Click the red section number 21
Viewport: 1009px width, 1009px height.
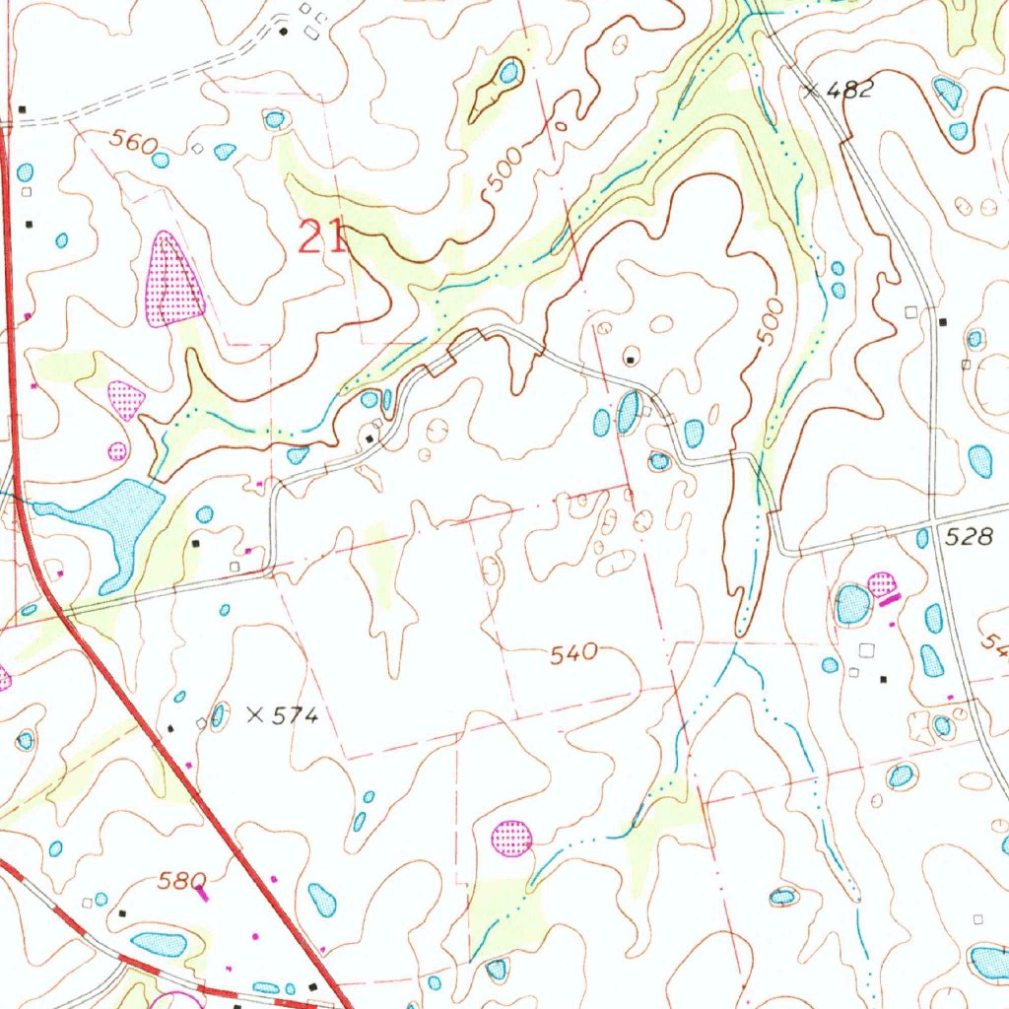tap(322, 237)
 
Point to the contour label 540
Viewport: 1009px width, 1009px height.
tap(574, 652)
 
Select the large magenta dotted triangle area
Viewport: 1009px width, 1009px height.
tap(173, 283)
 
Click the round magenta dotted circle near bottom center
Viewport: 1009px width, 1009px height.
tap(511, 838)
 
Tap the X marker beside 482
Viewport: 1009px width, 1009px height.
tap(810, 91)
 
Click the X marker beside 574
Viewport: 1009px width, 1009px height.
tap(254, 715)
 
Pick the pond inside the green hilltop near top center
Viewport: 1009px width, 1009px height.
tap(508, 72)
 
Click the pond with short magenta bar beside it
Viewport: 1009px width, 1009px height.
tap(853, 604)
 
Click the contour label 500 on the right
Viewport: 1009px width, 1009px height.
tap(773, 321)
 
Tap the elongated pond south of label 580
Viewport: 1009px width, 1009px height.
tap(160, 943)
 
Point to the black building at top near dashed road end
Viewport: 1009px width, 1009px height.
tap(285, 32)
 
